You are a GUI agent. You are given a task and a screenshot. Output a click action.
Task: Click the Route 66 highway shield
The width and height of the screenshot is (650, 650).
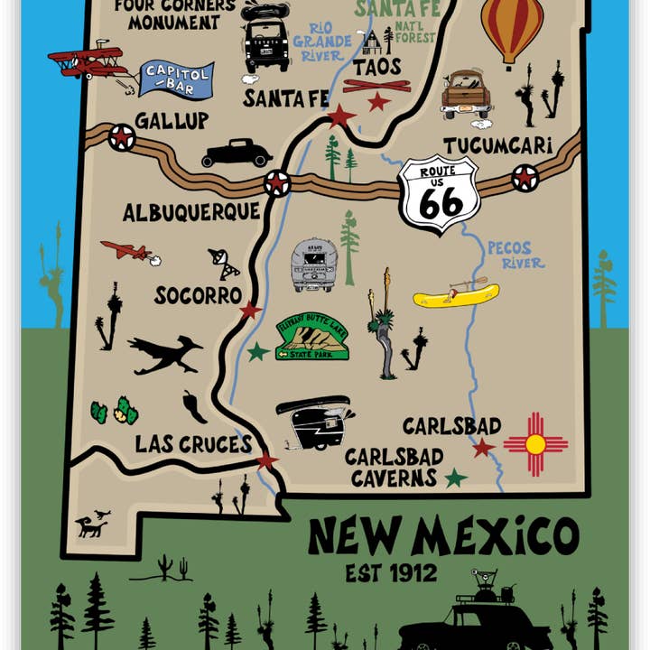[440, 194]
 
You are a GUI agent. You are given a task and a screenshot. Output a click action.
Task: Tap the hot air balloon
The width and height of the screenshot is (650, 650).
[512, 29]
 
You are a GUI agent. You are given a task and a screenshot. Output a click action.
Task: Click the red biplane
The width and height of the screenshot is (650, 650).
[88, 61]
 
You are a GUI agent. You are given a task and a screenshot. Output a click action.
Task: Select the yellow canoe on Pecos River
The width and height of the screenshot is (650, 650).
[456, 295]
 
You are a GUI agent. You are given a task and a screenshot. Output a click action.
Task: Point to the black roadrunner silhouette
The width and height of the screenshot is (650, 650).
[162, 355]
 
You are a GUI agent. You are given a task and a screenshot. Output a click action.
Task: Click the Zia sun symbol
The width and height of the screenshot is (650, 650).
[535, 444]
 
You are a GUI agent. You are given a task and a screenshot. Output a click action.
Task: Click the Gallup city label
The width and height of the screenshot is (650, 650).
[172, 121]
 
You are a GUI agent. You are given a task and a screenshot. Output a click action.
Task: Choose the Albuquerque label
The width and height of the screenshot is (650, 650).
[191, 213]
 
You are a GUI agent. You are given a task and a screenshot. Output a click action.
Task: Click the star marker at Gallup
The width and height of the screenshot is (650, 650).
[121, 137]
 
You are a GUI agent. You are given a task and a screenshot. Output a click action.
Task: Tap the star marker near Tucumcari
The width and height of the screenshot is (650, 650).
[525, 178]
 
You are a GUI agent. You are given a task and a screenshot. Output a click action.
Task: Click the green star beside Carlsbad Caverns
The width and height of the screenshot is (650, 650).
[456, 478]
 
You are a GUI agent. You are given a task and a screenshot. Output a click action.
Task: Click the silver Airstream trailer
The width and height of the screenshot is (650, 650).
[314, 265]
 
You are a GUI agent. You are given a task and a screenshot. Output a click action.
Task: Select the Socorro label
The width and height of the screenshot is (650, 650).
[198, 295]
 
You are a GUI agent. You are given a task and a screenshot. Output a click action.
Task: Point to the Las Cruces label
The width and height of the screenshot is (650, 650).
[193, 444]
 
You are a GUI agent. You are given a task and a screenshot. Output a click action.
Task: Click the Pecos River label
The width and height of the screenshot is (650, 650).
[515, 255]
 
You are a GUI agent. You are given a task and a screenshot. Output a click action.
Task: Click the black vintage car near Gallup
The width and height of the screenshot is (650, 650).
[237, 153]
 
